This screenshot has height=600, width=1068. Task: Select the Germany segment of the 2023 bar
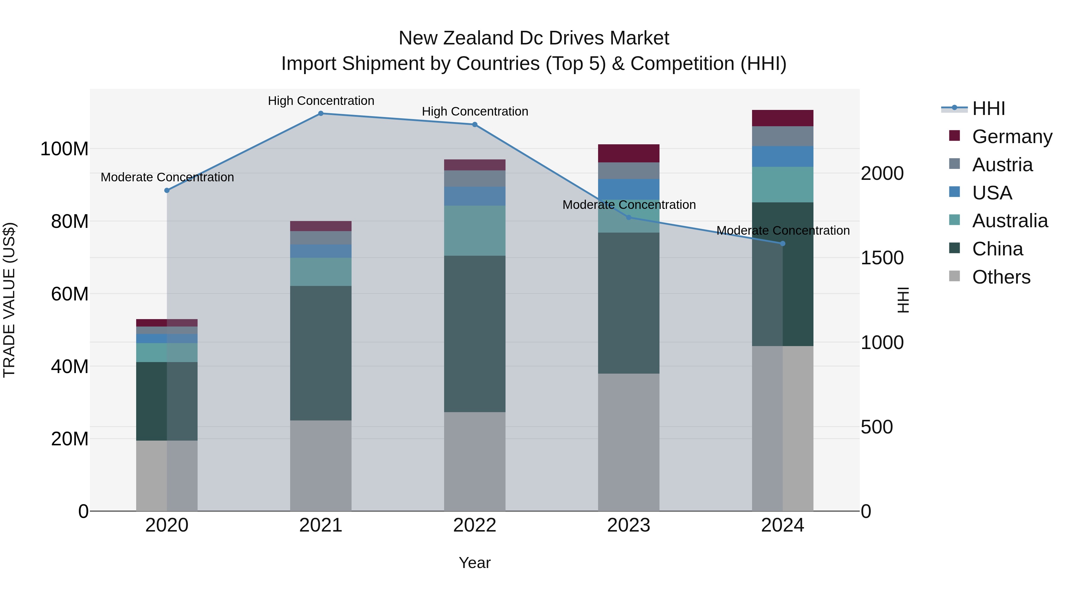(629, 153)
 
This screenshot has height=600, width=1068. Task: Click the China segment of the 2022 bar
(475, 333)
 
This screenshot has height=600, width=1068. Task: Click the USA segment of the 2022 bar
(475, 196)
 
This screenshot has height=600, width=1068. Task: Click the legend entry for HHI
(988, 108)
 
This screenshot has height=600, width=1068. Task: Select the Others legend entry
(1001, 277)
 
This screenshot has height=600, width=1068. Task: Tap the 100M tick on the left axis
(64, 149)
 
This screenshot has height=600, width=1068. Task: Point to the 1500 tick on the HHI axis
(882, 257)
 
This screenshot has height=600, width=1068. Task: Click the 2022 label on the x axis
(475, 525)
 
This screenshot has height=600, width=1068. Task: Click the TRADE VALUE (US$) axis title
(9, 300)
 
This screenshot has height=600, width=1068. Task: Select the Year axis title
(475, 563)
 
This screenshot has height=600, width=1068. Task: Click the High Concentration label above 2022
(475, 111)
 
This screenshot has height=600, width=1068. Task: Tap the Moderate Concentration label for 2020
(167, 177)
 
